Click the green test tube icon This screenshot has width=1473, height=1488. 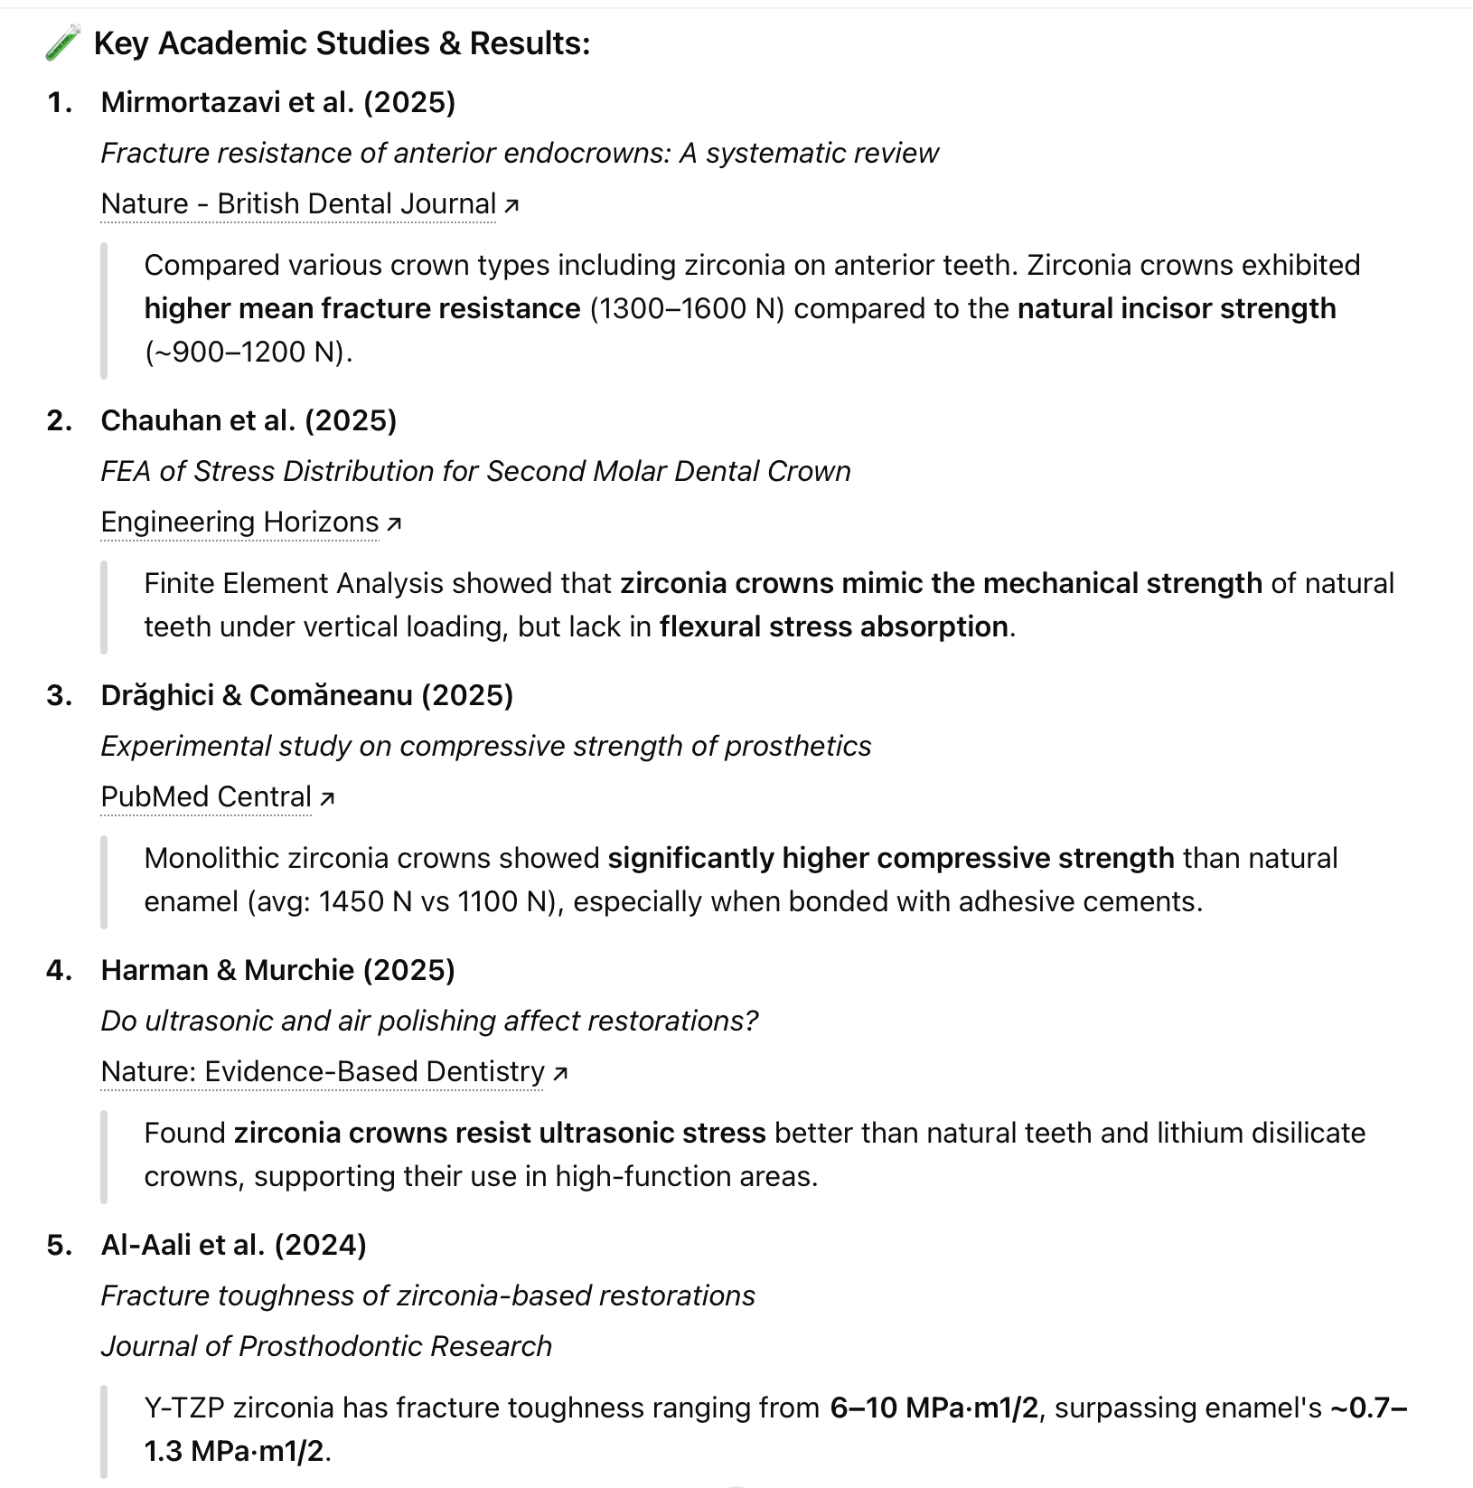pyautogui.click(x=63, y=43)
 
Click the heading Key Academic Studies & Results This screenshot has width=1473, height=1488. pyautogui.click(x=342, y=43)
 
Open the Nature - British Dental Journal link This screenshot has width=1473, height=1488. pyautogui.click(x=298, y=204)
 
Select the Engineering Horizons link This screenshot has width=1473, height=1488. pyautogui.click(x=239, y=523)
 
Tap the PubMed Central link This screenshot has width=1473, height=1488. pyautogui.click(x=206, y=797)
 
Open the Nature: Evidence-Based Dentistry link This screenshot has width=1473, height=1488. pyautogui.click(x=323, y=1072)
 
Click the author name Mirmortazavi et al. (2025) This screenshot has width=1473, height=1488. pyautogui.click(x=278, y=102)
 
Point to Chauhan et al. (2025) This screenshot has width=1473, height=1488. pyautogui.click(x=249, y=420)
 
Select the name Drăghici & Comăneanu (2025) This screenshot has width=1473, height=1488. pyautogui.click(x=307, y=695)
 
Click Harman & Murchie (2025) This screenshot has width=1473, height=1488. pyautogui.click(x=278, y=970)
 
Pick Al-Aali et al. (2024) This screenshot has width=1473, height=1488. pyautogui.click(x=233, y=1245)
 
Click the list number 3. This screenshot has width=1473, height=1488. pyautogui.click(x=60, y=695)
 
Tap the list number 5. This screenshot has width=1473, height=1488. pyautogui.click(x=60, y=1245)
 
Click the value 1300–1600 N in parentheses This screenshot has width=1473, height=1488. pyautogui.click(x=687, y=309)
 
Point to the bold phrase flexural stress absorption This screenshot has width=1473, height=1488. pyautogui.click(x=833, y=627)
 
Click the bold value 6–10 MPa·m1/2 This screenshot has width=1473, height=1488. pyautogui.click(x=934, y=1408)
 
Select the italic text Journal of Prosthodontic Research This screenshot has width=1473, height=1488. pyautogui.click(x=326, y=1347)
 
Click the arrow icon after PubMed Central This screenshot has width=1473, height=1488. pyautogui.click(x=328, y=798)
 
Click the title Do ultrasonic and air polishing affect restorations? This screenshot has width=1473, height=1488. pyautogui.click(x=429, y=1022)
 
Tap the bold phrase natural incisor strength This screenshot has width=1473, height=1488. pyautogui.click(x=1177, y=309)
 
